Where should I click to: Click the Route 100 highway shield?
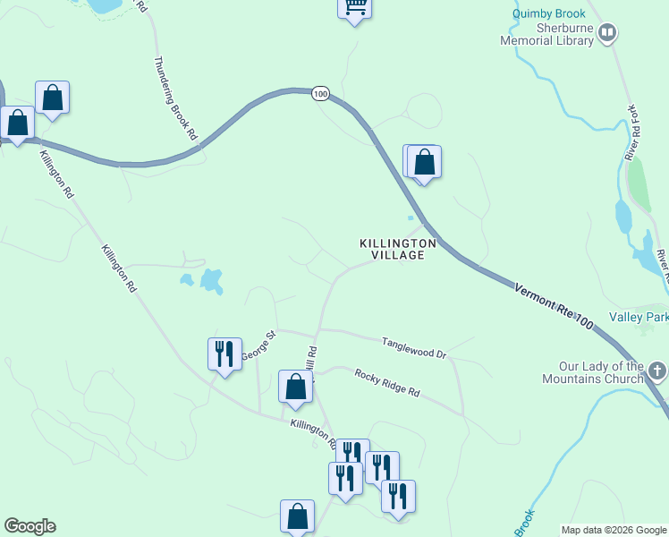pyautogui.click(x=321, y=93)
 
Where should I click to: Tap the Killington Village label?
pyautogui.click(x=398, y=249)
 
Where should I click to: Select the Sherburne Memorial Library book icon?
pyautogui.click(x=608, y=34)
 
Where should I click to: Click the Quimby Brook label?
pyautogui.click(x=549, y=13)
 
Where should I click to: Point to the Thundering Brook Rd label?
pyautogui.click(x=175, y=98)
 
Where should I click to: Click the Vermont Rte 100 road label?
pyautogui.click(x=555, y=307)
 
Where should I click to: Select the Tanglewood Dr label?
pyautogui.click(x=413, y=347)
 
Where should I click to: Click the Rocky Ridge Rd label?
pyautogui.click(x=386, y=382)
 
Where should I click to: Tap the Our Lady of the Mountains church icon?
pyautogui.click(x=657, y=371)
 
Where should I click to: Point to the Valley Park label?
pyautogui.click(x=639, y=317)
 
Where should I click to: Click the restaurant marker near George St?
pyautogui.click(x=224, y=353)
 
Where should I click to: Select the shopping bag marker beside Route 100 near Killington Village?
pyautogui.click(x=424, y=163)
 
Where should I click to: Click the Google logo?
pyautogui.click(x=30, y=526)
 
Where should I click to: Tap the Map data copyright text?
pyautogui.click(x=614, y=530)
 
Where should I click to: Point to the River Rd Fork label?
pyautogui.click(x=633, y=132)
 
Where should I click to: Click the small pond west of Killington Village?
pyautogui.click(x=211, y=281)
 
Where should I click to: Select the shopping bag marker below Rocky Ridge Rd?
pyautogui.click(x=295, y=387)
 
